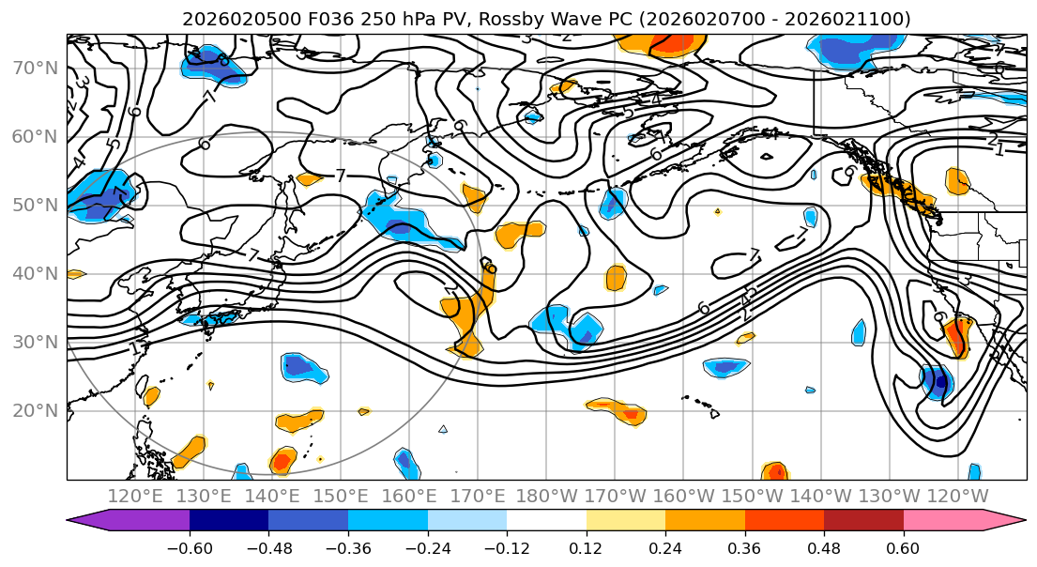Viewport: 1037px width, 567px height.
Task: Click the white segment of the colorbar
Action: (x=546, y=521)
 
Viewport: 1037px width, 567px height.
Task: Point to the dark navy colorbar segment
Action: (x=229, y=521)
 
